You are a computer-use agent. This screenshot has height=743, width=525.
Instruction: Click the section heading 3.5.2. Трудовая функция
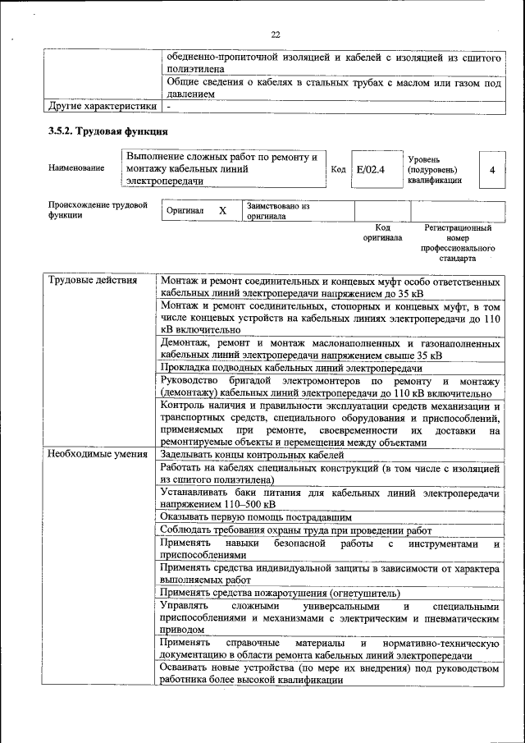(107, 131)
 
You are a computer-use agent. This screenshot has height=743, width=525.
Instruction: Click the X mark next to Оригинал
(222, 211)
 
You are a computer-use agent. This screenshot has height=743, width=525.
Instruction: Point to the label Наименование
(76, 168)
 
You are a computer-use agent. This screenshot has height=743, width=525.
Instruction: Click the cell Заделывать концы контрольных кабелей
(252, 455)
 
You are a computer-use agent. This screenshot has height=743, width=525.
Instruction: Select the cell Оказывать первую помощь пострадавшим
(256, 517)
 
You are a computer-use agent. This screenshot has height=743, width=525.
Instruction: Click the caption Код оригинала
(382, 232)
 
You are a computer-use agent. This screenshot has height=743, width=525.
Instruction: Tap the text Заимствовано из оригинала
(277, 211)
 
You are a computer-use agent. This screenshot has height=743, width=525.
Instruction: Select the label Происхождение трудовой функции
(97, 210)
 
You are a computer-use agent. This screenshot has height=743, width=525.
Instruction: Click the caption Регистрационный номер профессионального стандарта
(457, 242)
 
